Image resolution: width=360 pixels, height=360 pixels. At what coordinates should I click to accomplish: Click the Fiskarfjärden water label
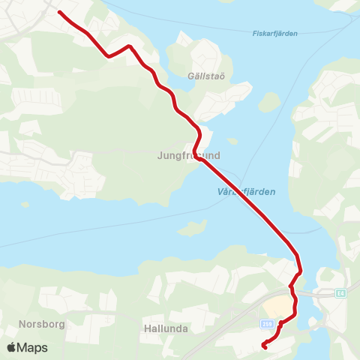click(x=271, y=33)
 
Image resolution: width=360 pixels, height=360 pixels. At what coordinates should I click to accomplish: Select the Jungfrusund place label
click(x=189, y=156)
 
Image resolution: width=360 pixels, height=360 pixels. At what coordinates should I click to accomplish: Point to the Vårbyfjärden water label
click(x=239, y=191)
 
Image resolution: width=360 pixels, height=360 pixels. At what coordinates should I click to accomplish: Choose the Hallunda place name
click(x=165, y=328)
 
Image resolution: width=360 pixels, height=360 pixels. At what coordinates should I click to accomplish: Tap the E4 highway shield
click(x=340, y=292)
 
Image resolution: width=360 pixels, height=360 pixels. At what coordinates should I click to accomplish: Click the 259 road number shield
click(x=267, y=323)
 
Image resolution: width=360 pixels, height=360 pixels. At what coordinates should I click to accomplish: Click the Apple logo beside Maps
click(x=11, y=347)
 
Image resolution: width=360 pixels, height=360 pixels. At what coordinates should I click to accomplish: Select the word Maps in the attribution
click(x=33, y=347)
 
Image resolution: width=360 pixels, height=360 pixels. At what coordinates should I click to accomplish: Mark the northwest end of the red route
click(x=59, y=13)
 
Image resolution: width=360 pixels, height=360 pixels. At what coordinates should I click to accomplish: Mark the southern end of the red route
click(x=264, y=346)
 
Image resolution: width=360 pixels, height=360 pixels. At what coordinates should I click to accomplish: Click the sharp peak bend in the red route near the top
click(x=130, y=46)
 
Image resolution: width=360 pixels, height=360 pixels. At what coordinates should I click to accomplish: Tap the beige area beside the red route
click(x=277, y=307)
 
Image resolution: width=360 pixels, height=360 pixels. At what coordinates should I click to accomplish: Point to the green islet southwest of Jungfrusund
click(x=193, y=227)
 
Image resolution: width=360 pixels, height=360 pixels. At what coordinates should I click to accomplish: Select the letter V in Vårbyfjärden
click(x=206, y=191)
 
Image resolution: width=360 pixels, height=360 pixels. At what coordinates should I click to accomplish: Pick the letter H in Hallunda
click(x=146, y=328)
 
